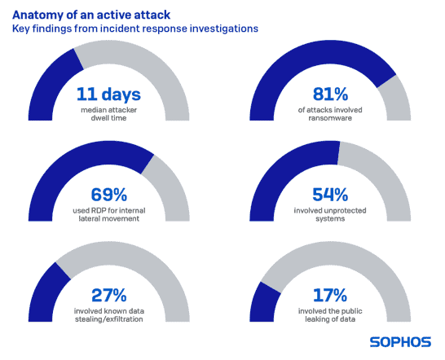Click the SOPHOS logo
click(x=400, y=342)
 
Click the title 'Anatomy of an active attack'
click(x=91, y=15)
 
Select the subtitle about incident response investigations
click(x=135, y=29)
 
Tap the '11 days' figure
click(x=108, y=94)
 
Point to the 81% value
click(x=330, y=94)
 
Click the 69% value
click(x=108, y=195)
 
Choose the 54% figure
click(x=330, y=195)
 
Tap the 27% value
click(x=108, y=295)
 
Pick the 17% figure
click(x=330, y=295)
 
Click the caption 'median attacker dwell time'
click(x=108, y=114)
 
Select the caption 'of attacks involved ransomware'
click(x=330, y=114)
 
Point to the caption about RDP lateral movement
click(x=109, y=214)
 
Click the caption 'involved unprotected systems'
click(x=330, y=214)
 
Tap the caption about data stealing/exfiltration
click(x=109, y=315)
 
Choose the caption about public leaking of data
click(x=330, y=315)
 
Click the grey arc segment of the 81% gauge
click(x=395, y=98)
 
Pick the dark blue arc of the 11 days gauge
click(x=51, y=85)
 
